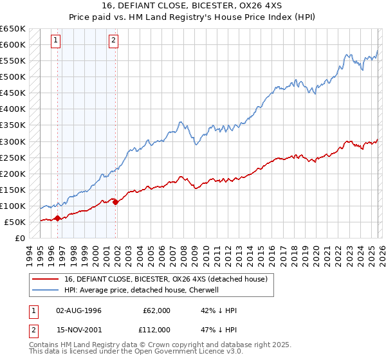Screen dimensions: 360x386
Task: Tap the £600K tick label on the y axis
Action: coord(12,45)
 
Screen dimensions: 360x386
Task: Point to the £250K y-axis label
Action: coord(12,157)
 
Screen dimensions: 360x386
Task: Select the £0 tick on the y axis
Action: coord(21,238)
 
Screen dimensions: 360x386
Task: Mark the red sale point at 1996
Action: coord(57,218)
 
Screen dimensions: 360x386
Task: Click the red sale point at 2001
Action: coord(116,202)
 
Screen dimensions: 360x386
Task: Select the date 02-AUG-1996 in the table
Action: coord(79,310)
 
